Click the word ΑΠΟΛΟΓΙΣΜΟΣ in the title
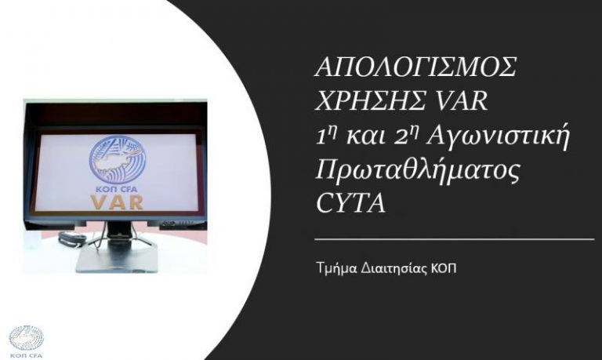(x=415, y=68)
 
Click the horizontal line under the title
(x=453, y=238)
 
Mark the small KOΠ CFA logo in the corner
(x=26, y=340)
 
